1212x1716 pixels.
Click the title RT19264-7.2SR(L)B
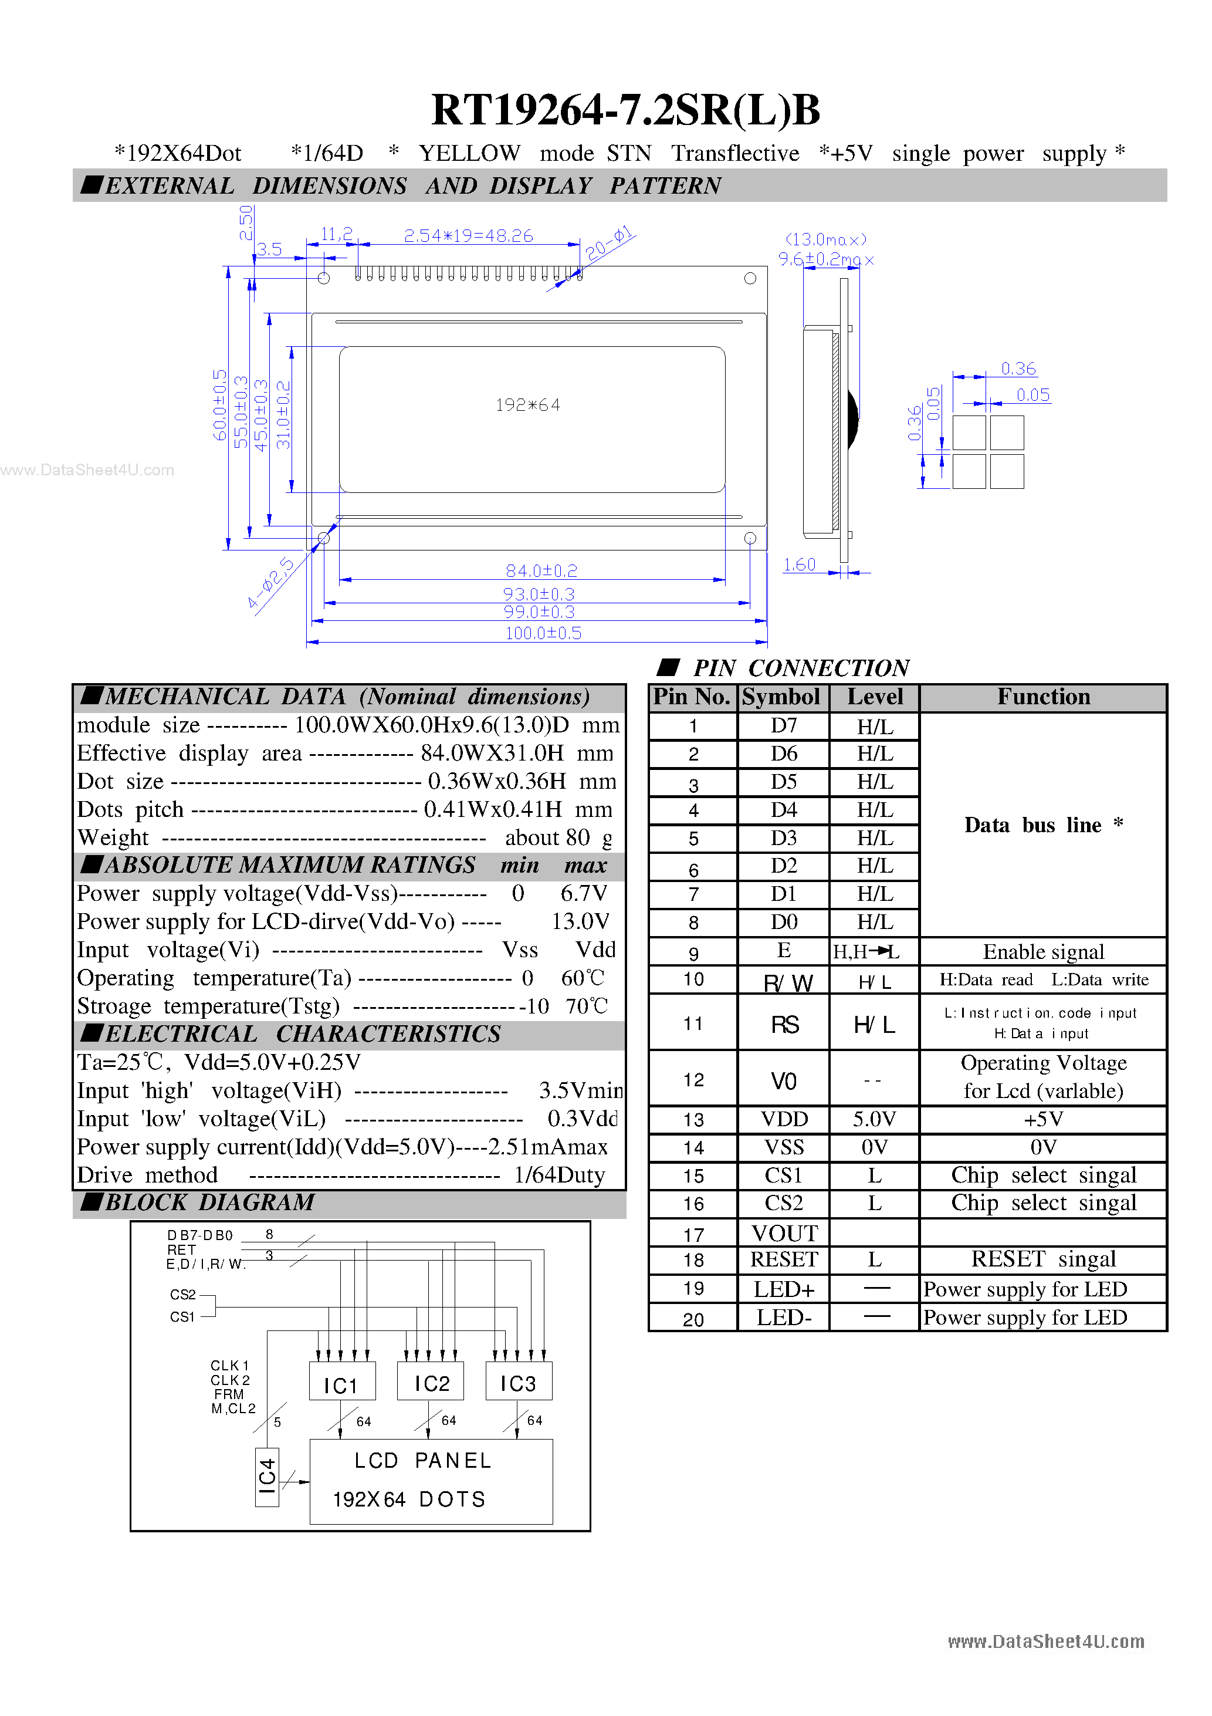[x=625, y=110]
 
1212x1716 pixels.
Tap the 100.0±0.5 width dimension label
[x=543, y=633]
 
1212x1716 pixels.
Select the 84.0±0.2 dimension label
[x=541, y=571]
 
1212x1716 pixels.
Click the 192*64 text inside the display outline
[x=527, y=405]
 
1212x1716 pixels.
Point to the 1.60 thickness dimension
[x=800, y=565]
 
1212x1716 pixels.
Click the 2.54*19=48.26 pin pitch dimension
[x=469, y=236]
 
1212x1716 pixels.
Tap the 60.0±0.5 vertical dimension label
[x=219, y=405]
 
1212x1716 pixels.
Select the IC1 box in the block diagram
[x=341, y=1385]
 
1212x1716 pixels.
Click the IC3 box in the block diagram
[x=519, y=1383]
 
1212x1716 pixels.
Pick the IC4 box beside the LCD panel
[x=267, y=1476]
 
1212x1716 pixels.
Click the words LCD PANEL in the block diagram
[x=423, y=1460]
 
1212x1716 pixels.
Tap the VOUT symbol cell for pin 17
[x=784, y=1233]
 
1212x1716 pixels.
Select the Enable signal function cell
[x=1043, y=951]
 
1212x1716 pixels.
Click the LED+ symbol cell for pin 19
[x=784, y=1289]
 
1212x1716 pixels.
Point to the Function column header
[x=1043, y=697]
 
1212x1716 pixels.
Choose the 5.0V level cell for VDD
[x=874, y=1119]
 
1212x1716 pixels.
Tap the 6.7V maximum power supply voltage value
[x=584, y=893]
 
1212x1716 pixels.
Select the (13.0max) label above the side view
[x=825, y=240]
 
